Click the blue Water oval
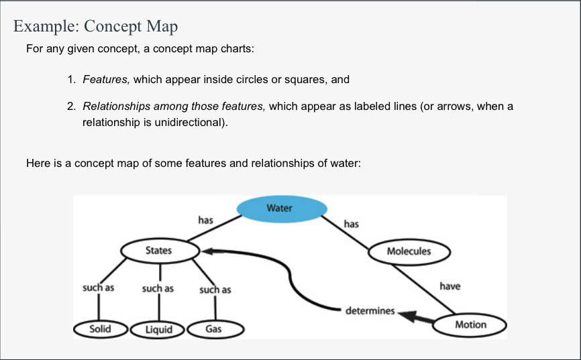point(281,208)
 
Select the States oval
point(160,251)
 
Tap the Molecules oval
point(409,251)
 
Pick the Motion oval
point(470,324)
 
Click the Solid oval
point(100,328)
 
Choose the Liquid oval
point(158,329)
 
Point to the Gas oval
point(214,329)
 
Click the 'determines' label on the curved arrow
point(370,311)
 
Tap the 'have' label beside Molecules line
point(450,286)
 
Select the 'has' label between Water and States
point(205,219)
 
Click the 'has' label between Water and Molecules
point(351,224)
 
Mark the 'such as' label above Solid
point(98,288)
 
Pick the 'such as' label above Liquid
point(158,288)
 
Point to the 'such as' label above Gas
point(215,290)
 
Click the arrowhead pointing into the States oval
point(207,251)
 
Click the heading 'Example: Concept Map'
point(95,27)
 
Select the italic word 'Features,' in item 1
point(106,79)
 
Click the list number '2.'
point(71,107)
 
